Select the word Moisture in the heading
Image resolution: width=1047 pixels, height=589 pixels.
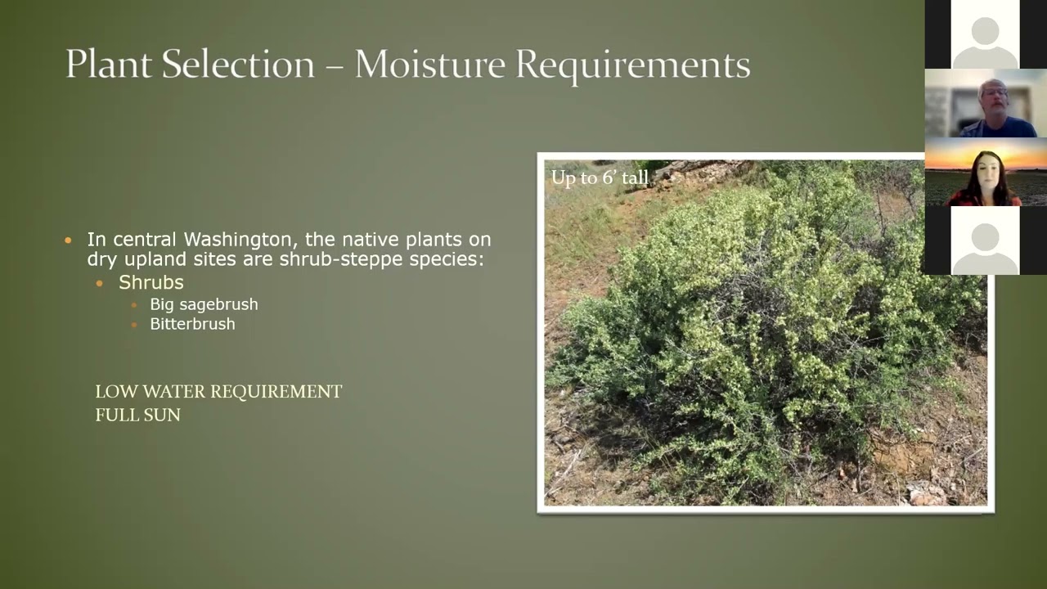[x=429, y=65]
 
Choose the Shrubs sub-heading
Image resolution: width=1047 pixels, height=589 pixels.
[x=151, y=282]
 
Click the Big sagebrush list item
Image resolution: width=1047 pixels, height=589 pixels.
[x=204, y=304]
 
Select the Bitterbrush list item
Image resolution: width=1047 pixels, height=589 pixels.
[x=192, y=324]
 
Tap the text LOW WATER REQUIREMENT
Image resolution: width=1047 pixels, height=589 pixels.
[x=218, y=392]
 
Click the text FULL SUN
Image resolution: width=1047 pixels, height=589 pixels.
[x=137, y=416]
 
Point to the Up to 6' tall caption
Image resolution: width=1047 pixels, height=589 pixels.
[x=599, y=178]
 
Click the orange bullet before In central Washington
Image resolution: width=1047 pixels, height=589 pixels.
[x=69, y=241]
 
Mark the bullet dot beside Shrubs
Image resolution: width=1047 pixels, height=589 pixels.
[x=101, y=283]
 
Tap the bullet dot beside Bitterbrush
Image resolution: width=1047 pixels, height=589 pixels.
[x=134, y=325]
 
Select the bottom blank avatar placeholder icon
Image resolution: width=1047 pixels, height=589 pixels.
[x=985, y=241]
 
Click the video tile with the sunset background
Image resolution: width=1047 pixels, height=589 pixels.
[x=985, y=172]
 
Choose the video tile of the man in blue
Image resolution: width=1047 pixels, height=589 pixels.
[x=985, y=103]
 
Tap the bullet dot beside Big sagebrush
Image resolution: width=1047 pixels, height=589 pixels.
[x=134, y=305]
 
